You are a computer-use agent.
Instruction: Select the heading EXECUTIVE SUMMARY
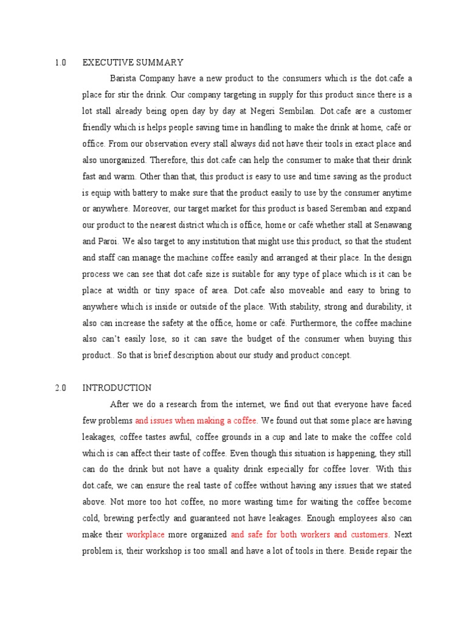tap(133, 62)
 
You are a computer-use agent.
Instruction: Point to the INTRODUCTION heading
tap(117, 388)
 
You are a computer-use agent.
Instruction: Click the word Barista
tap(123, 78)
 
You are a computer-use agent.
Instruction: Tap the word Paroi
tap(110, 242)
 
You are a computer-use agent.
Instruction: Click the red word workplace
tap(145, 534)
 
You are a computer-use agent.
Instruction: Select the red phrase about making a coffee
tap(196, 420)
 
